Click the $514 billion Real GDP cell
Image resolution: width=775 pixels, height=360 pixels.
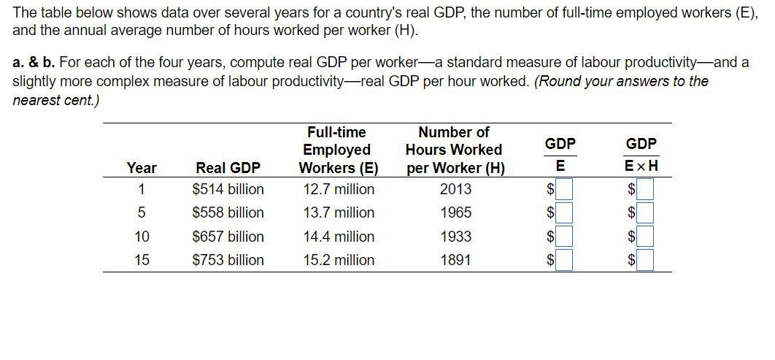(x=228, y=190)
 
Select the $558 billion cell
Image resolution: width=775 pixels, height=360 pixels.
(x=228, y=213)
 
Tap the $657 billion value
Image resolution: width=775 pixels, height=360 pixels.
(x=228, y=237)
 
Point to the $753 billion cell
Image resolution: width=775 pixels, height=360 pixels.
(x=228, y=260)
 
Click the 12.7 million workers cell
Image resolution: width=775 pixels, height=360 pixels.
(x=339, y=190)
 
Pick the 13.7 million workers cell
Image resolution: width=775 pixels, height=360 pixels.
(x=339, y=213)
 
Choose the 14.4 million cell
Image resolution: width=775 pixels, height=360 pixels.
(x=339, y=237)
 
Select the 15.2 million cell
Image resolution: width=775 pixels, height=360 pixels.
(x=339, y=260)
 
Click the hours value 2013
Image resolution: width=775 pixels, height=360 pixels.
(x=455, y=190)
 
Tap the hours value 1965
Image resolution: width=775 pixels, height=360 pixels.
(x=455, y=213)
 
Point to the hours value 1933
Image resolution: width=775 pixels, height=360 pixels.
(x=455, y=237)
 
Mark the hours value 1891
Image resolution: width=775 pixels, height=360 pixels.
(x=455, y=260)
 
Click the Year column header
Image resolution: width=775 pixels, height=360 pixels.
(x=142, y=168)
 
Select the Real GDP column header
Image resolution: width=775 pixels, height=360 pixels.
(x=228, y=168)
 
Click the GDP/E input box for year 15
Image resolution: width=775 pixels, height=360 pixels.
(x=564, y=259)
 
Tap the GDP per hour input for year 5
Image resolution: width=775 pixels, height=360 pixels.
(x=645, y=213)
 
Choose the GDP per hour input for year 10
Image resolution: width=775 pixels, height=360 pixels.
(x=645, y=237)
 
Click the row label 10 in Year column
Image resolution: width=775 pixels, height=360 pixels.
(x=142, y=237)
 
